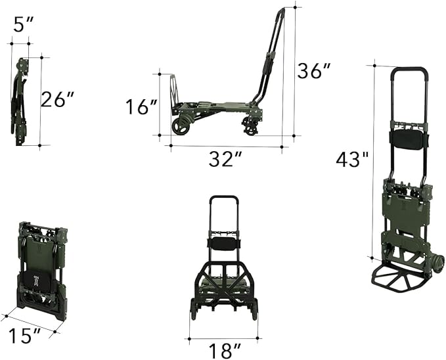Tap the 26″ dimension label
(58, 99)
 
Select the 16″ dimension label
(142, 106)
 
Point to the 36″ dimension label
(314, 70)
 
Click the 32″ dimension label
(225, 159)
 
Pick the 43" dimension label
(353, 159)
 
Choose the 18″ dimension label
(223, 349)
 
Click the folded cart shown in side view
(21, 102)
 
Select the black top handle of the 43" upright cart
(410, 68)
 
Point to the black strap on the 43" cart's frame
(409, 139)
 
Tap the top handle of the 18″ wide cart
(223, 197)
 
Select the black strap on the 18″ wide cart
(223, 243)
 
